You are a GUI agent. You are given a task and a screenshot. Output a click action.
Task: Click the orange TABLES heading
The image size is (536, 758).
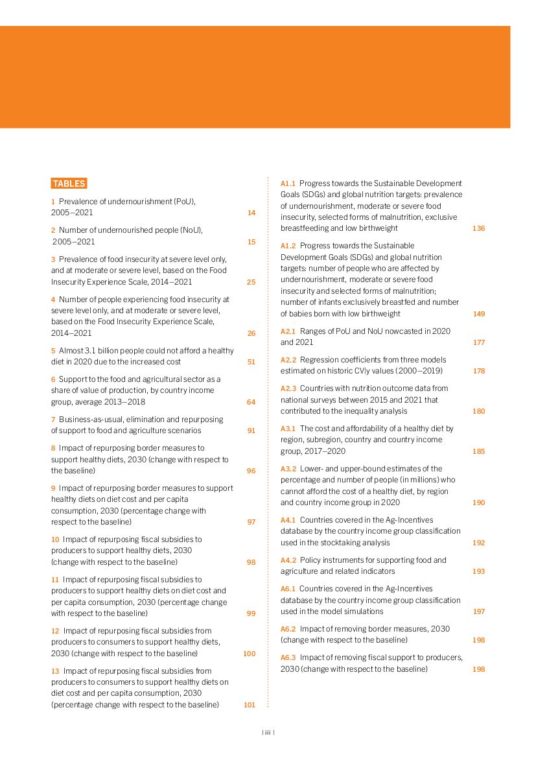[69, 184]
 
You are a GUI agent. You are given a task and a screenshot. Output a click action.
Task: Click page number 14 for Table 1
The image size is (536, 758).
[251, 213]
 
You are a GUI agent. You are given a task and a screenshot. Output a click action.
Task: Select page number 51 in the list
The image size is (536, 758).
[251, 362]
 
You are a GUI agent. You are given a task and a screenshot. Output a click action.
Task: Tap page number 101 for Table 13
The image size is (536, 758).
[250, 705]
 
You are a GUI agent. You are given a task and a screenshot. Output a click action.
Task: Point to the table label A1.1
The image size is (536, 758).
[288, 184]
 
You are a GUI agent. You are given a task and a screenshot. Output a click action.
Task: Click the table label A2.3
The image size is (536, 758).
[288, 388]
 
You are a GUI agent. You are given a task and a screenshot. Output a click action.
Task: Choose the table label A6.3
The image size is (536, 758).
[288, 657]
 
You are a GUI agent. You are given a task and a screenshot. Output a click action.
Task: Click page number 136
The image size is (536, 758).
[478, 228]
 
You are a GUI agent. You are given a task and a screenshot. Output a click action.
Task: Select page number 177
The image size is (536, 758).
[478, 342]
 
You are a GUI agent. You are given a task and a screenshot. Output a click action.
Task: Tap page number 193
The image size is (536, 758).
[478, 571]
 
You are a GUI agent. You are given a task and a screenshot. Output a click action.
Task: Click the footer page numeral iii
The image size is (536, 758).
[268, 733]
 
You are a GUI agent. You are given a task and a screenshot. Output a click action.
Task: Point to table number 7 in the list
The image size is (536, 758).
[53, 420]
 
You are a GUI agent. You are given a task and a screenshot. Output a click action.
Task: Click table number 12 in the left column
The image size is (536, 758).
[55, 631]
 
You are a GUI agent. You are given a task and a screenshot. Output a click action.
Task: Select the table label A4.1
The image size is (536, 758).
[288, 520]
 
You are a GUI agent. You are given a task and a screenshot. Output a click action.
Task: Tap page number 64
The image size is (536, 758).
[251, 402]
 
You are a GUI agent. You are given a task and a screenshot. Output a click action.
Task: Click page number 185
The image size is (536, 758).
[478, 451]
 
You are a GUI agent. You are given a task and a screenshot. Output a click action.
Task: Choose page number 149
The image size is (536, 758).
[478, 314]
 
